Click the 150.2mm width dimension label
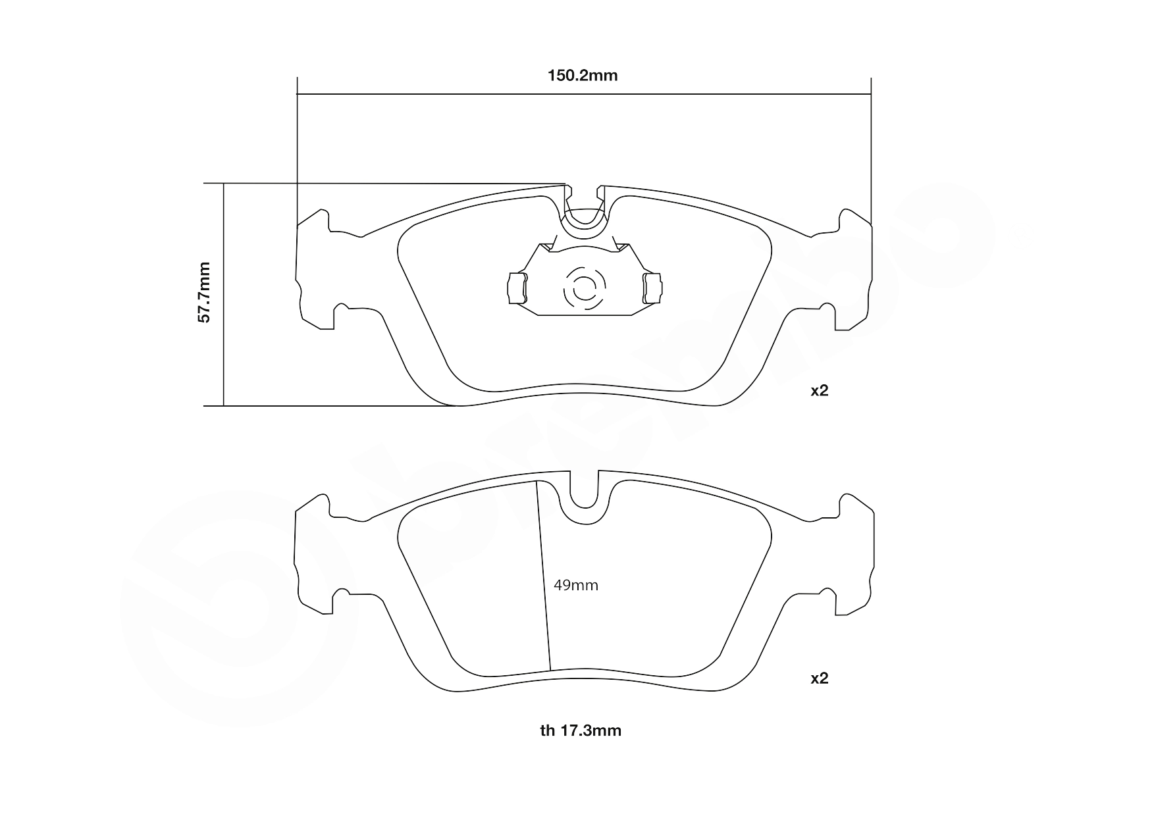pos(583,76)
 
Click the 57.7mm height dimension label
pos(205,292)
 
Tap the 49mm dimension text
pos(576,585)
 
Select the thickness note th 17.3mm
pos(581,730)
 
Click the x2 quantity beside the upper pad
pos(819,390)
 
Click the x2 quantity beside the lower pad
pos(819,678)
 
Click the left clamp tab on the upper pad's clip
pos(517,288)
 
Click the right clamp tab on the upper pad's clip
pos(653,288)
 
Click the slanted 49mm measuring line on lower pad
pos(544,579)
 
